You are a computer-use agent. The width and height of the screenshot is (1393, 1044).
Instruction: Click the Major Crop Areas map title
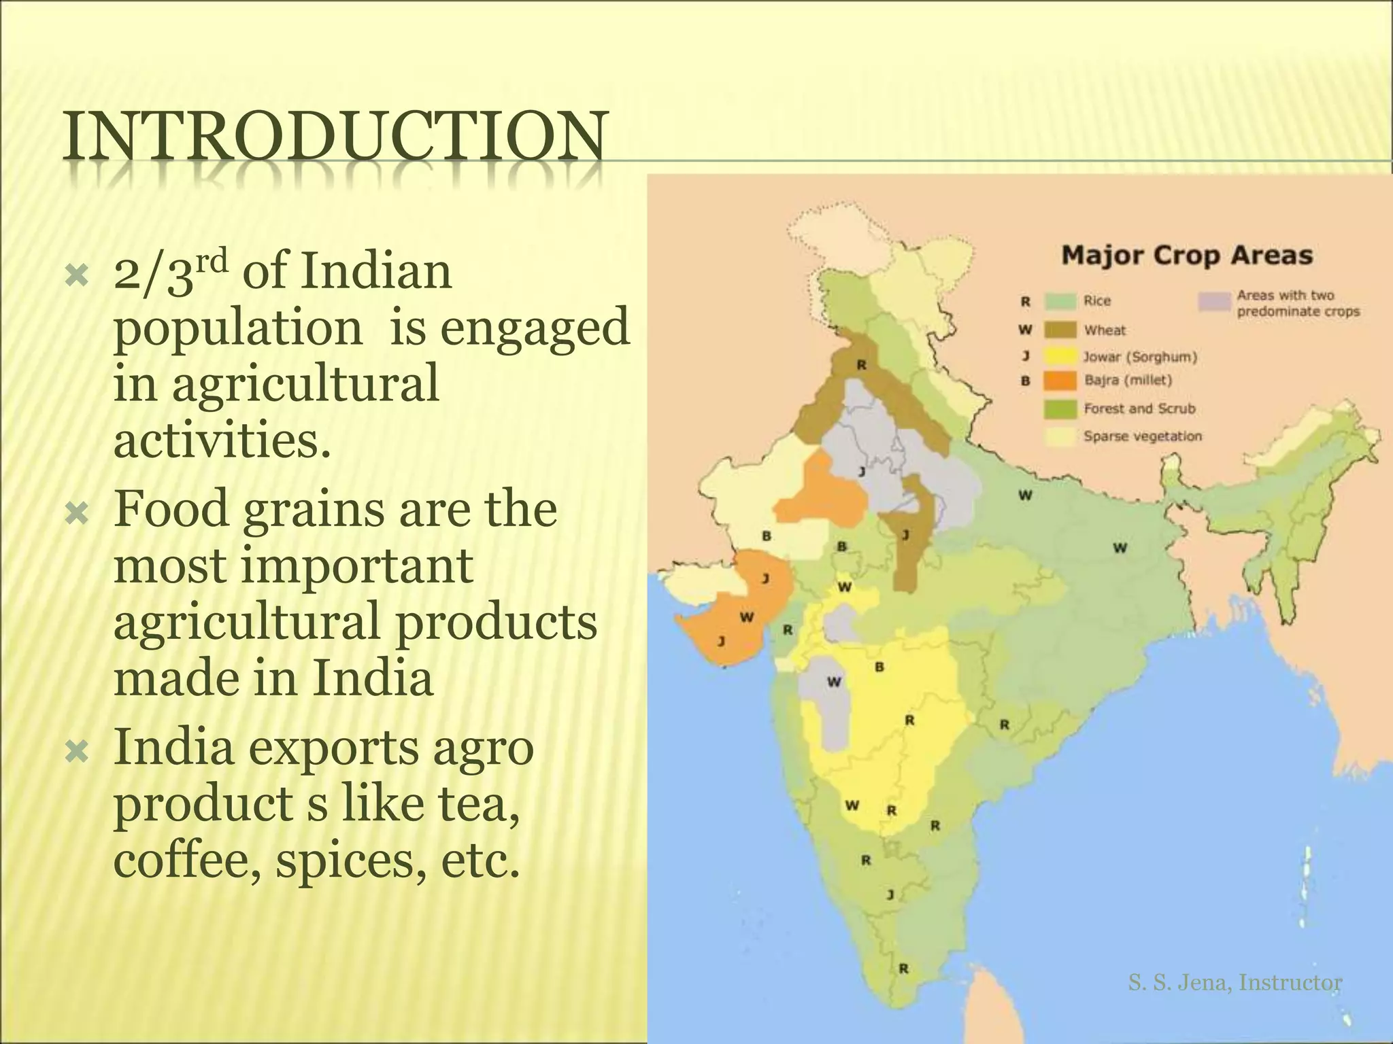click(1187, 256)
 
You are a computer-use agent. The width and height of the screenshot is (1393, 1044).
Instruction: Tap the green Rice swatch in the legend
click(1060, 301)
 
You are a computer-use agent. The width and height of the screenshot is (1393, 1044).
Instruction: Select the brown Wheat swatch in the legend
click(1060, 330)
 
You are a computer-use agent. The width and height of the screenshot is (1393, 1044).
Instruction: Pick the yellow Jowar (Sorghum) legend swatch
click(1060, 356)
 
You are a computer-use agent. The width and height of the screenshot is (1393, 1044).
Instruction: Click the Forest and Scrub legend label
click(1139, 408)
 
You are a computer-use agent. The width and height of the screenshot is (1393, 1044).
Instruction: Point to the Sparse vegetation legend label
click(1143, 436)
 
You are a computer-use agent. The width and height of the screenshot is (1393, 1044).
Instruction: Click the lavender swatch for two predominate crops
click(1215, 301)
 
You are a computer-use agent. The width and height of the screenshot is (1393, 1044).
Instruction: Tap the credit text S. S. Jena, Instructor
click(1235, 982)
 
